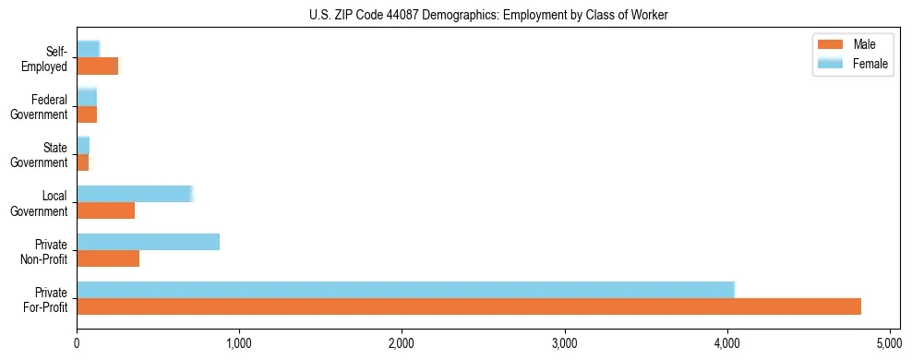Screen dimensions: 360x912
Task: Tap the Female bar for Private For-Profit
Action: pos(405,290)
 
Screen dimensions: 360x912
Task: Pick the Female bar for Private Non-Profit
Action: pos(148,242)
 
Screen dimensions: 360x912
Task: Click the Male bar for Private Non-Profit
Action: pos(108,258)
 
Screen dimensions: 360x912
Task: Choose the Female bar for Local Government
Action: pos(134,194)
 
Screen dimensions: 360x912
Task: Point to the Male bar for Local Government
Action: pos(105,210)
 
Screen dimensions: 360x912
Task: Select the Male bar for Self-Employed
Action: pos(97,66)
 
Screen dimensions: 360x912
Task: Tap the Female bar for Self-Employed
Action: pos(88,49)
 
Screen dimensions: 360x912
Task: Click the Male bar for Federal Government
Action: pos(87,114)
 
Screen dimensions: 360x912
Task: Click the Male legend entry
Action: pos(852,44)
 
